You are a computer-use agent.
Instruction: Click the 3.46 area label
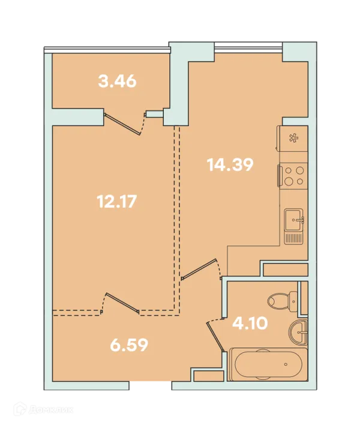tap(117, 81)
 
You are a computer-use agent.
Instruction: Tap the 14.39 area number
tap(230, 165)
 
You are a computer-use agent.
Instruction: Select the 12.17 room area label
tap(116, 202)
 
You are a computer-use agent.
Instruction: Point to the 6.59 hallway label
tap(129, 345)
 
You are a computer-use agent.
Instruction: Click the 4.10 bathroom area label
tap(250, 323)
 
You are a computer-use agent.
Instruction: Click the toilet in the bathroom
tap(282, 300)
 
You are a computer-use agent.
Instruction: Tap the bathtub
tap(268, 364)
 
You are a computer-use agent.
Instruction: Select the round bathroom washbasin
tap(298, 331)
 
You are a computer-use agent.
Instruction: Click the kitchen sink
tap(293, 219)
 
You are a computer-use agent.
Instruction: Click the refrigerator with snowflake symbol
tap(292, 139)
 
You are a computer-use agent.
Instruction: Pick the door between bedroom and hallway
tap(122, 304)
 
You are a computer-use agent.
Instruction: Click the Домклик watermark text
tap(50, 409)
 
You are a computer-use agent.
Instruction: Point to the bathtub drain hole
tap(286, 364)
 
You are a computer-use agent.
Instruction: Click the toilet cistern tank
tap(293, 300)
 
